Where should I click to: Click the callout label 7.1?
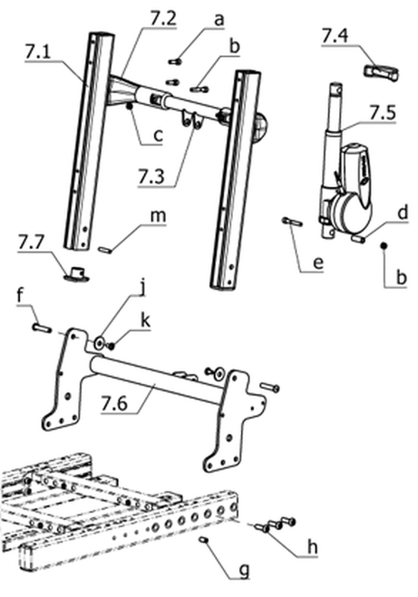(37, 52)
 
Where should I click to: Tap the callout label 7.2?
(163, 19)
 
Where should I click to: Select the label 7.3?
(151, 176)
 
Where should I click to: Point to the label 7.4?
(335, 36)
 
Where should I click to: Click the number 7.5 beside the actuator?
(382, 113)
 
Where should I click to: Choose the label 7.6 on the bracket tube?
(114, 403)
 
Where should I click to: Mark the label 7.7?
(31, 242)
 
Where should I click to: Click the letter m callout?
(158, 216)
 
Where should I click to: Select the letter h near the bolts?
(312, 548)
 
